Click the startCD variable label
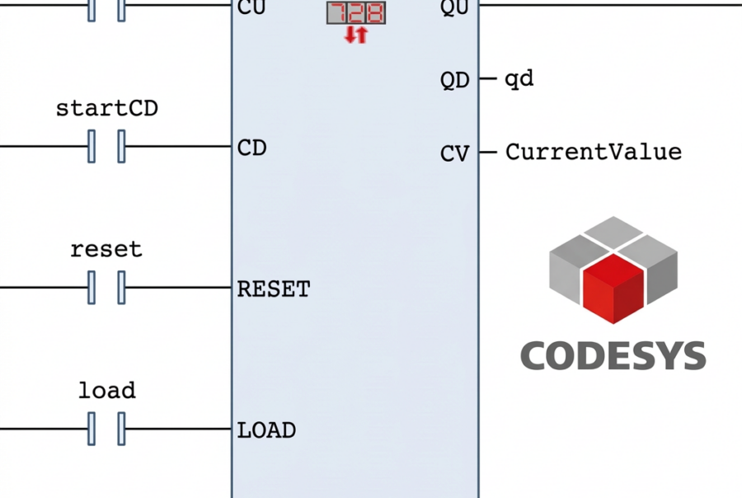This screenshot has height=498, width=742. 106,108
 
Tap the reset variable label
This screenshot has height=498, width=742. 106,249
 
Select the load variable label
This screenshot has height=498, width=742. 106,389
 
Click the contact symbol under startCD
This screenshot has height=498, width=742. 106,148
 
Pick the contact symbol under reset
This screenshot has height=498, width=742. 106,288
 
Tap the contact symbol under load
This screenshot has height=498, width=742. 106,429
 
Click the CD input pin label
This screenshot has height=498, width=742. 251,148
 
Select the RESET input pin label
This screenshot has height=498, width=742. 273,289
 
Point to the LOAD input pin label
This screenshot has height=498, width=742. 265,430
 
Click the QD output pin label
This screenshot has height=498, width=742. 454,80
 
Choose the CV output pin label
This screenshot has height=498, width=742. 454,153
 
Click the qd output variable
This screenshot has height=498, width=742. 519,79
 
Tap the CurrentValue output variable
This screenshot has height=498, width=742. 593,152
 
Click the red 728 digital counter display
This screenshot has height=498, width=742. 355,12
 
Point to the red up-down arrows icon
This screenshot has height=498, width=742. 355,35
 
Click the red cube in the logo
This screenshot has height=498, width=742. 613,289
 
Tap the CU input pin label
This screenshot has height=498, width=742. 251,7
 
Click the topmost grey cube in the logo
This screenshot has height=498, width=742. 613,232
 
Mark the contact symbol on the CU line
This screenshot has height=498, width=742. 106,8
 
